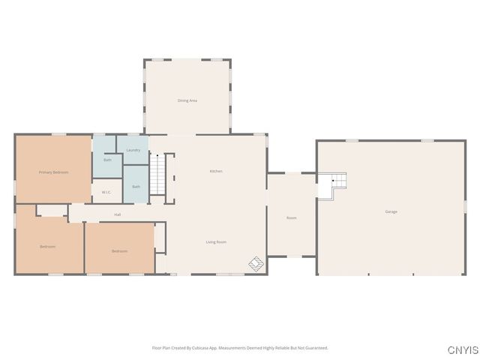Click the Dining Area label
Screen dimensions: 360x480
click(x=187, y=100)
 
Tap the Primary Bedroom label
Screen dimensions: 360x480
click(x=53, y=172)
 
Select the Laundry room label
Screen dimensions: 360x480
click(x=133, y=150)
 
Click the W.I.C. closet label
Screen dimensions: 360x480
click(x=106, y=192)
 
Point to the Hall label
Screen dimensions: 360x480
click(x=118, y=215)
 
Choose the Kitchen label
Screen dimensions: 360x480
click(x=216, y=172)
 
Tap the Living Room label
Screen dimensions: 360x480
click(x=216, y=242)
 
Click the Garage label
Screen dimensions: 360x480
click(x=391, y=212)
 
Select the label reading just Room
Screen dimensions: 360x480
click(x=292, y=218)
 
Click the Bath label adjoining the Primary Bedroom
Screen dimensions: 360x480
click(x=107, y=160)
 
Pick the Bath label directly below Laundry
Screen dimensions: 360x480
click(x=136, y=187)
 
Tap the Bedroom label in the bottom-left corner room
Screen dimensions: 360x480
click(x=47, y=247)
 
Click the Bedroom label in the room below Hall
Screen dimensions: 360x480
click(x=119, y=251)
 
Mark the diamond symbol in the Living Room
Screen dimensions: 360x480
click(x=256, y=263)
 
